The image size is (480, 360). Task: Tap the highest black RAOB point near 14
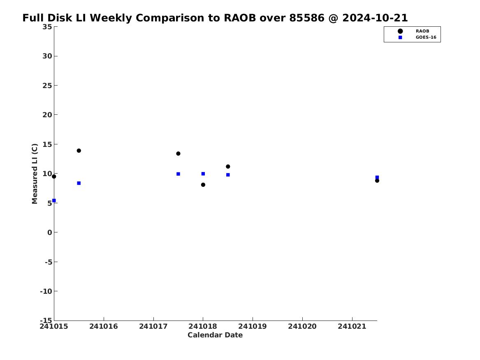point(79,151)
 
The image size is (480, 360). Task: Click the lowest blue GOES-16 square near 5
point(54,200)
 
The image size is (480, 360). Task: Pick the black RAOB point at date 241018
point(203,185)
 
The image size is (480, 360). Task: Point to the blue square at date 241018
point(203,174)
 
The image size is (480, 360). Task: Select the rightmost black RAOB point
point(377,181)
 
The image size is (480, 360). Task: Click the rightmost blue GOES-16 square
point(377,177)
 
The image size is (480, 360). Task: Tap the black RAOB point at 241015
point(54,177)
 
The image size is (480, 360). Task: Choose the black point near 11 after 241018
point(228,167)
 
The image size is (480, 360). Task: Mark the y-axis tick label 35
point(47,27)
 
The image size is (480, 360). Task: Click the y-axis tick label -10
point(46,291)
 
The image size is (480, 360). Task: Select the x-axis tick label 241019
point(253,326)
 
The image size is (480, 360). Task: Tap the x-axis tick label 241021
point(352,326)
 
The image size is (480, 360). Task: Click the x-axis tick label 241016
point(104,326)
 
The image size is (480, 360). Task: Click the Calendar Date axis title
point(215,335)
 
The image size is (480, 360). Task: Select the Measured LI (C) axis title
point(35,174)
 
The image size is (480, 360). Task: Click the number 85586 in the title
point(307,18)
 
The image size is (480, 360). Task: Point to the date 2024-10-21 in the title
point(375,18)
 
